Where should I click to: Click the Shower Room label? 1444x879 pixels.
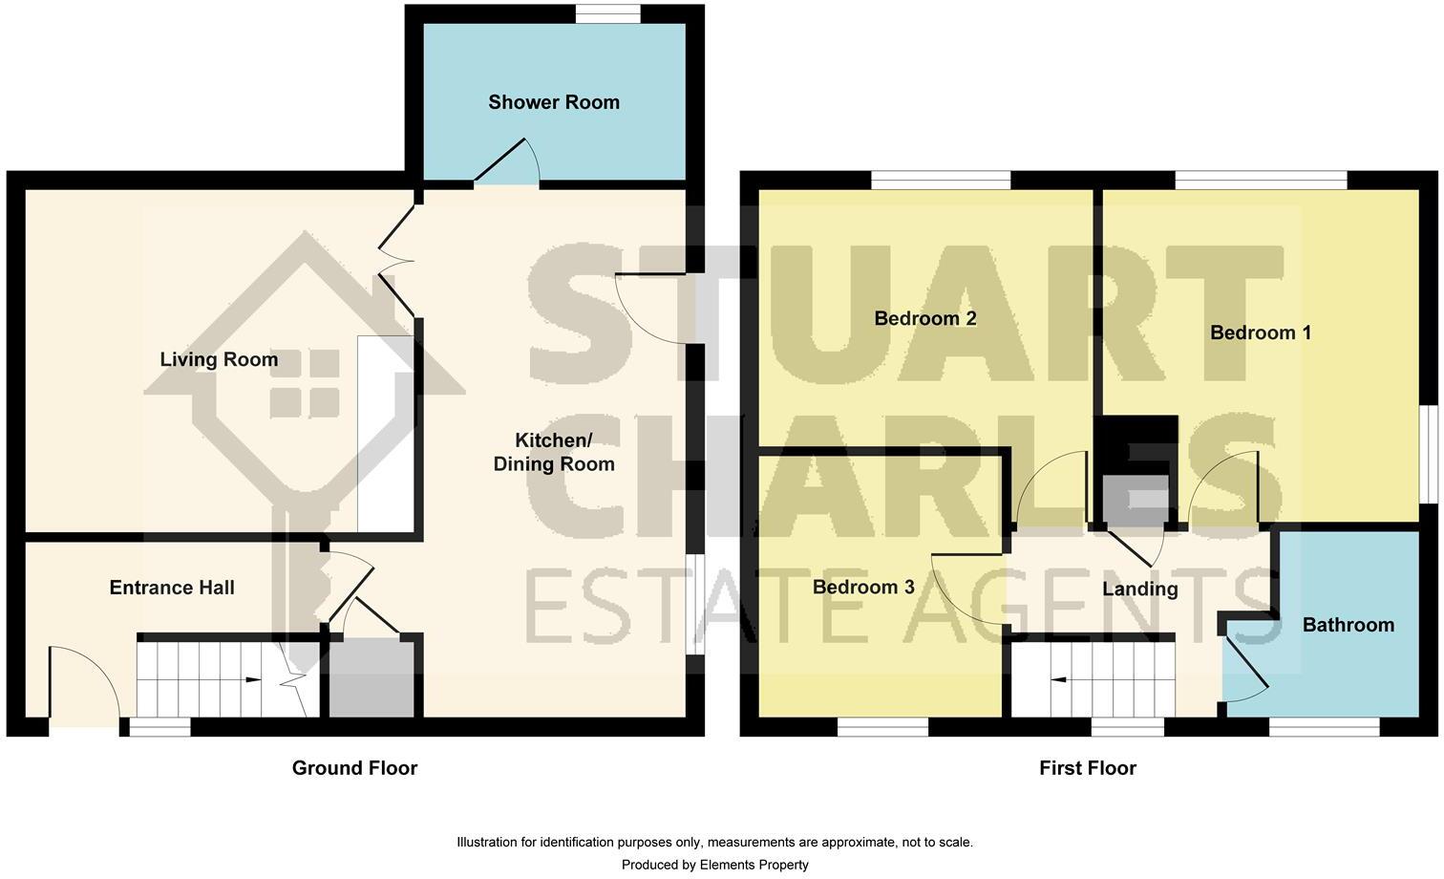[x=554, y=102]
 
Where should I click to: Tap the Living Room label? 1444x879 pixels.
[x=219, y=360]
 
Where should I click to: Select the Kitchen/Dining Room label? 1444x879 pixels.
[x=553, y=452]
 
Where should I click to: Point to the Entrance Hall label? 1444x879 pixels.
[x=172, y=588]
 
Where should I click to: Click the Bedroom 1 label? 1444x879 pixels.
[x=1261, y=332]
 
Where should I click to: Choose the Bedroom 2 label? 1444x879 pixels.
[x=925, y=319]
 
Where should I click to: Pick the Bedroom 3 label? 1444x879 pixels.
[x=863, y=588]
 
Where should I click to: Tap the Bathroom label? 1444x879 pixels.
[x=1348, y=625]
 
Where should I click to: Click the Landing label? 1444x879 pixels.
[x=1139, y=589]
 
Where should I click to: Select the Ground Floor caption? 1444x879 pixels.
[x=354, y=768]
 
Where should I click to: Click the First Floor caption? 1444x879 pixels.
[x=1088, y=768]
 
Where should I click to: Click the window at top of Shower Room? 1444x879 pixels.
[x=608, y=13]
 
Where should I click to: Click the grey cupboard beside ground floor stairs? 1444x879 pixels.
[x=372, y=677]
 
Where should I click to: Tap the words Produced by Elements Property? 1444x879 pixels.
[x=714, y=865]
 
